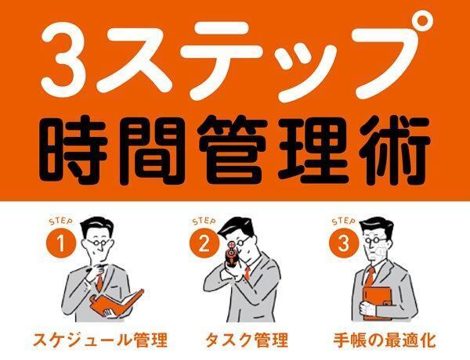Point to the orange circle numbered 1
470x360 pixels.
61,243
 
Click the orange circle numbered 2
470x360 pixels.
204,243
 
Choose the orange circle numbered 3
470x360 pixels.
344,243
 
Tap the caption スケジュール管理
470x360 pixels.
99,340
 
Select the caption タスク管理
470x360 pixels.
247,340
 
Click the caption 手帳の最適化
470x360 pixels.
385,340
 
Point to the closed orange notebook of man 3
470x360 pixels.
377,303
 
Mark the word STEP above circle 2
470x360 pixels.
204,221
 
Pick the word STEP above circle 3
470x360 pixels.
344,221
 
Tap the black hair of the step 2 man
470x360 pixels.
237,229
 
